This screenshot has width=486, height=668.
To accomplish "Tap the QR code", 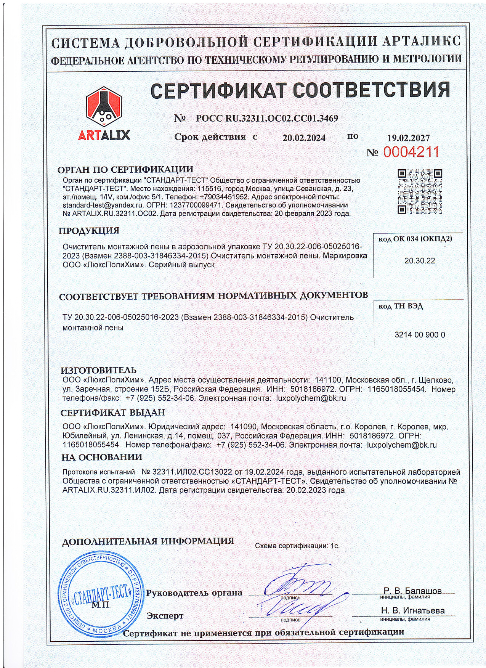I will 420,191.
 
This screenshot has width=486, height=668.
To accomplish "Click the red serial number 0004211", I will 411,152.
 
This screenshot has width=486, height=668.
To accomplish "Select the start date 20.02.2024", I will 304,138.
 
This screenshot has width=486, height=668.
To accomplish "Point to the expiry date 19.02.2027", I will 408,138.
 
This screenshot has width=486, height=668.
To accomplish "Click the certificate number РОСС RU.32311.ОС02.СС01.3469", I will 267,119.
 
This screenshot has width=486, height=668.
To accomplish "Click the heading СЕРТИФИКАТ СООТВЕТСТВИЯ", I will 300,90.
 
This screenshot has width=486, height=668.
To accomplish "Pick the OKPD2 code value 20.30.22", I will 419,261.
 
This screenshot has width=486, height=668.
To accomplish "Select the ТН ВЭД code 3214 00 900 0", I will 419,335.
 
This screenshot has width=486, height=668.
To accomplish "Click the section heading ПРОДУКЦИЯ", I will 89,231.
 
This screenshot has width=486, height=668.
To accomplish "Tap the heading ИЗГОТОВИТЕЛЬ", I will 98,370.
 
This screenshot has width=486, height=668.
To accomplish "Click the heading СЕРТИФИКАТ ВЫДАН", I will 113,413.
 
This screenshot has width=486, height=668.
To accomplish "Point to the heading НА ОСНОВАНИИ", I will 102,457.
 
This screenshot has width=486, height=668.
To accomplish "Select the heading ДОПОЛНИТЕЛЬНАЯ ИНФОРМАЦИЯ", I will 148,541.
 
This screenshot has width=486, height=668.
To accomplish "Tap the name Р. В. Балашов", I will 412,591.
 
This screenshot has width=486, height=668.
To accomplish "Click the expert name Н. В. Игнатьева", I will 412,610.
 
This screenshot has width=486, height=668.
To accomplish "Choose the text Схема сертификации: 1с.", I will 297,546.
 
